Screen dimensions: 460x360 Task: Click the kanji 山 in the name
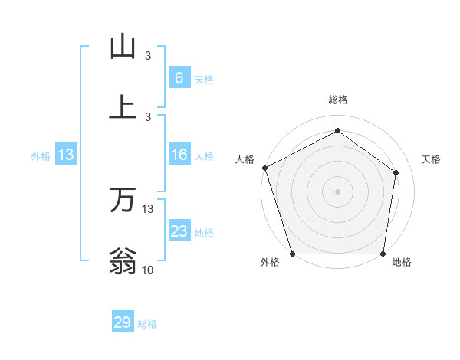pyautogui.click(x=123, y=47)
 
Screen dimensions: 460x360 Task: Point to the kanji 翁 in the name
pyautogui.click(x=123, y=261)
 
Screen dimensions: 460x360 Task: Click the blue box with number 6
pyautogui.click(x=179, y=78)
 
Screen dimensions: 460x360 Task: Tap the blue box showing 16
pyautogui.click(x=179, y=155)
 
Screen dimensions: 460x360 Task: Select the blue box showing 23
pyautogui.click(x=179, y=232)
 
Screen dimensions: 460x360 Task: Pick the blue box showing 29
pyautogui.click(x=123, y=322)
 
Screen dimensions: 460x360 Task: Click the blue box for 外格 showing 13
pyautogui.click(x=66, y=155)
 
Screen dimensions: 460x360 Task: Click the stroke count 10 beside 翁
pyautogui.click(x=148, y=270)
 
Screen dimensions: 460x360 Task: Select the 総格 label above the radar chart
pyautogui.click(x=337, y=100)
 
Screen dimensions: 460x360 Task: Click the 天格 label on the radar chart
pyautogui.click(x=432, y=159)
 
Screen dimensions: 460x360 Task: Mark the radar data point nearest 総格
pyautogui.click(x=337, y=131)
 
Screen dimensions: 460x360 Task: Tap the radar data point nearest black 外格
pyautogui.click(x=292, y=254)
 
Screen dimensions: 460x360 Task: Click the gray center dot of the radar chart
pyautogui.click(x=337, y=191)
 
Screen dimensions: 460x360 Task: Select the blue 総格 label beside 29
pyautogui.click(x=147, y=324)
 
